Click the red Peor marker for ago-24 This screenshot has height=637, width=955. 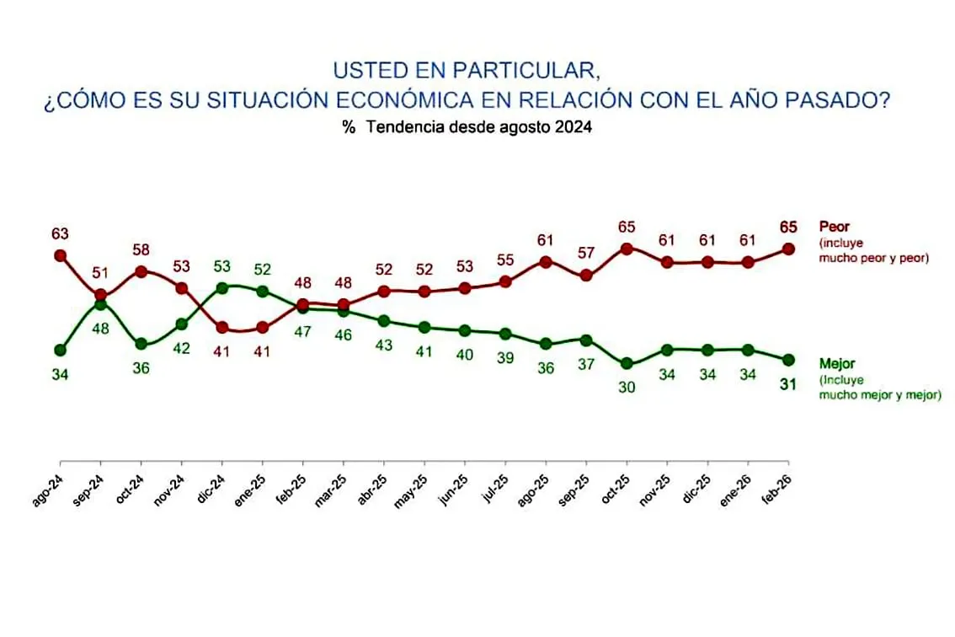click(60, 254)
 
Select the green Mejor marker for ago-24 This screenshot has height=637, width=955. click(60, 350)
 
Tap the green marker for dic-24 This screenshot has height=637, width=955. click(222, 287)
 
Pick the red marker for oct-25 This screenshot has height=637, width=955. click(626, 249)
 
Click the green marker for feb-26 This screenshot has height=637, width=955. click(788, 360)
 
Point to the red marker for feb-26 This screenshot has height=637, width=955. click(788, 249)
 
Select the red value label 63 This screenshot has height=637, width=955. click(60, 233)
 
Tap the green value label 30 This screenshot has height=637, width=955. click(626, 388)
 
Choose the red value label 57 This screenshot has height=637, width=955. click(585, 254)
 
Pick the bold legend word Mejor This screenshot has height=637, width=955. click(838, 364)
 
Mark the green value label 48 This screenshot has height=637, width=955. click(101, 328)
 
